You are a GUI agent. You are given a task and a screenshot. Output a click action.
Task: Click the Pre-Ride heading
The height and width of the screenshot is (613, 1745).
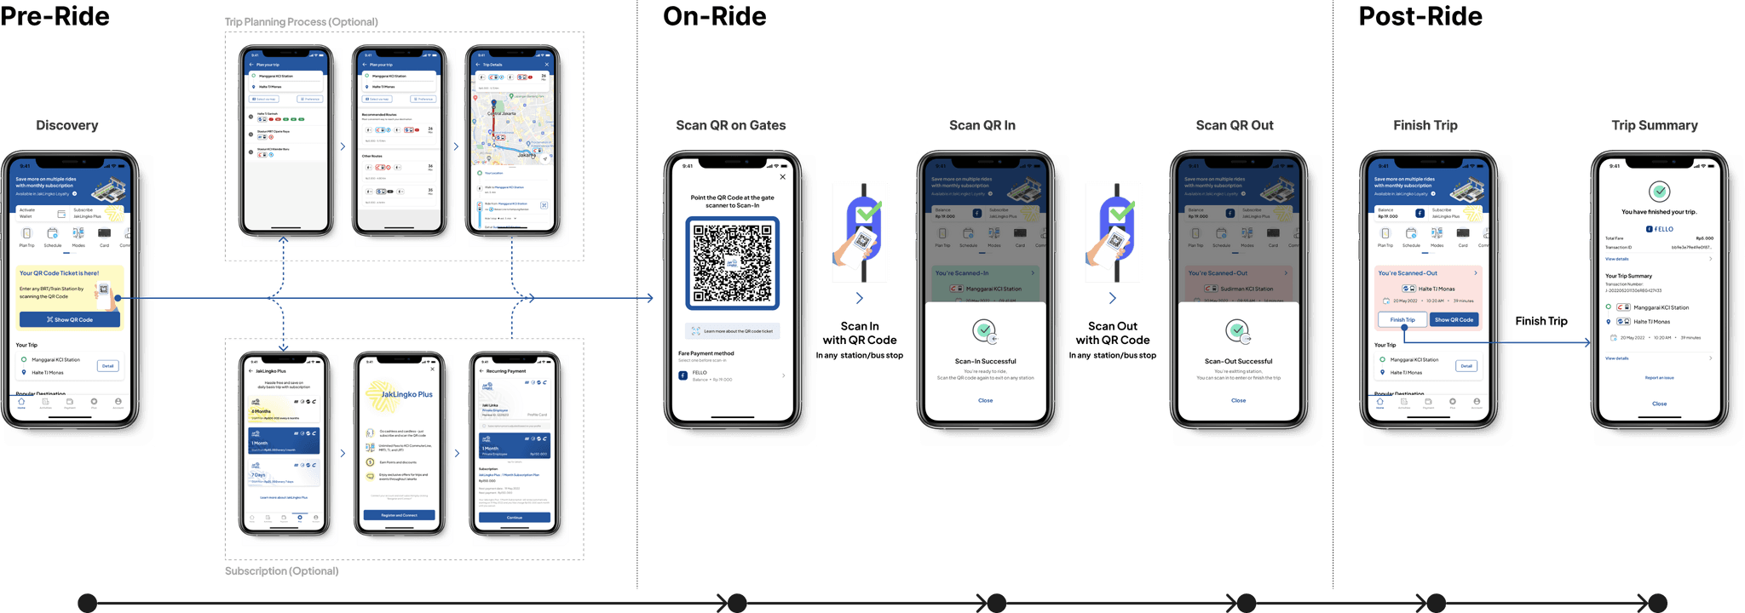pos(55,16)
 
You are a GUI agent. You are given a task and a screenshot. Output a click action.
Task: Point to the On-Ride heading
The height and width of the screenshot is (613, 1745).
pos(714,16)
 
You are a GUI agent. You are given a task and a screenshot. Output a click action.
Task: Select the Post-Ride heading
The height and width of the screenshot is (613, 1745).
pos(1420,16)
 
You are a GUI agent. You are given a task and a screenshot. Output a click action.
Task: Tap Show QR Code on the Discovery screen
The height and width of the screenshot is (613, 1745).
pos(70,319)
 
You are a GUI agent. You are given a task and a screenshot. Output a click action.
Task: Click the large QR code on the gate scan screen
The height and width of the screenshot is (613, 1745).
pos(732,263)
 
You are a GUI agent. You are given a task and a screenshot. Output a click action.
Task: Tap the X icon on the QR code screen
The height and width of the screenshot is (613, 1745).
pos(783,177)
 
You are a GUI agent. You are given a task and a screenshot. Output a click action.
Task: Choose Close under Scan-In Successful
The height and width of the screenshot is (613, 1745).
pos(985,400)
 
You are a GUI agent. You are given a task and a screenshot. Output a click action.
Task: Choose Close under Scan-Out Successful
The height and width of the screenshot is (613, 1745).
pos(1238,400)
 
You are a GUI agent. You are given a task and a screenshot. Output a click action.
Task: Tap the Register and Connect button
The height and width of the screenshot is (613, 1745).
pos(399,515)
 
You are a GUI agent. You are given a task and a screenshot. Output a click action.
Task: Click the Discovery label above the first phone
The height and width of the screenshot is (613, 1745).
pos(67,125)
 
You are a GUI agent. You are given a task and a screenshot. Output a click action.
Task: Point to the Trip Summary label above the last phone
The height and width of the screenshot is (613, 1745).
pos(1655,125)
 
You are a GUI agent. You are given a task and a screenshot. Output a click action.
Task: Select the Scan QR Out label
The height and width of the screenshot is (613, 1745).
pos(1235,125)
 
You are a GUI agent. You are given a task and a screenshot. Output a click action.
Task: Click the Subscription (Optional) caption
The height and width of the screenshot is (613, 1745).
pos(282,570)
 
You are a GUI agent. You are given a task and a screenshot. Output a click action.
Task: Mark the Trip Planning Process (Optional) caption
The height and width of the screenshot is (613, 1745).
pos(302,21)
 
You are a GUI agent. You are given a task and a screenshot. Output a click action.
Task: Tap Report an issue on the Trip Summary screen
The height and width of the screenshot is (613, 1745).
pos(1659,377)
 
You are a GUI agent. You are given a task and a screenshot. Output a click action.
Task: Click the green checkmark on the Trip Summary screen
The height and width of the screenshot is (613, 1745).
pos(1659,191)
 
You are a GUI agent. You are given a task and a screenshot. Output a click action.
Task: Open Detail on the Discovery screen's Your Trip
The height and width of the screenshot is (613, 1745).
pos(107,365)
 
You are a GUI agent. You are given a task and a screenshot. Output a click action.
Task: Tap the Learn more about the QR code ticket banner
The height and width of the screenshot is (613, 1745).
pos(733,330)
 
